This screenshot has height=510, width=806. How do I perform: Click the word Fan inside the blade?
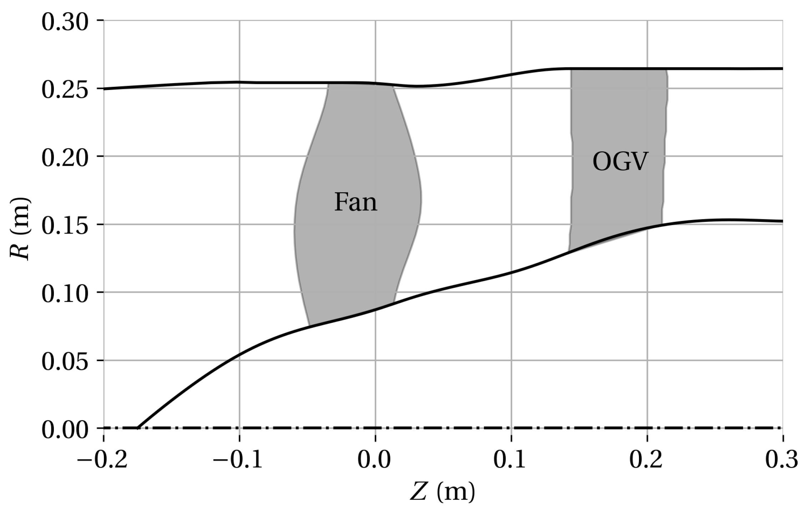[356, 202]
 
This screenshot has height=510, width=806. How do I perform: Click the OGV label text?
[620, 162]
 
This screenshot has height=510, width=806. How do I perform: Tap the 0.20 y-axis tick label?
[65, 157]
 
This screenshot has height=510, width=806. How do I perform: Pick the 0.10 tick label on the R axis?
[65, 294]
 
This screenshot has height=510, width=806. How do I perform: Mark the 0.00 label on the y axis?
[65, 430]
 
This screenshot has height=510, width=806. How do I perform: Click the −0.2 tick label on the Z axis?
[102, 460]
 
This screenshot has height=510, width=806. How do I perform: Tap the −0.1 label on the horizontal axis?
[238, 460]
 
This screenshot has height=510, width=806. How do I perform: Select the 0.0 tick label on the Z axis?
[374, 460]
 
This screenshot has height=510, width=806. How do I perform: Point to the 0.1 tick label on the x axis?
[510, 460]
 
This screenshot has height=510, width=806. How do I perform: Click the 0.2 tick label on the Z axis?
[646, 460]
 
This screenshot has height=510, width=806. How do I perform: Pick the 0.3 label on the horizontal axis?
[782, 460]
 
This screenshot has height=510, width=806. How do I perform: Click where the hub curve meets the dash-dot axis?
[138, 427]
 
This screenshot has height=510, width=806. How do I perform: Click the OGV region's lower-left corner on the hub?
[569, 251]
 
